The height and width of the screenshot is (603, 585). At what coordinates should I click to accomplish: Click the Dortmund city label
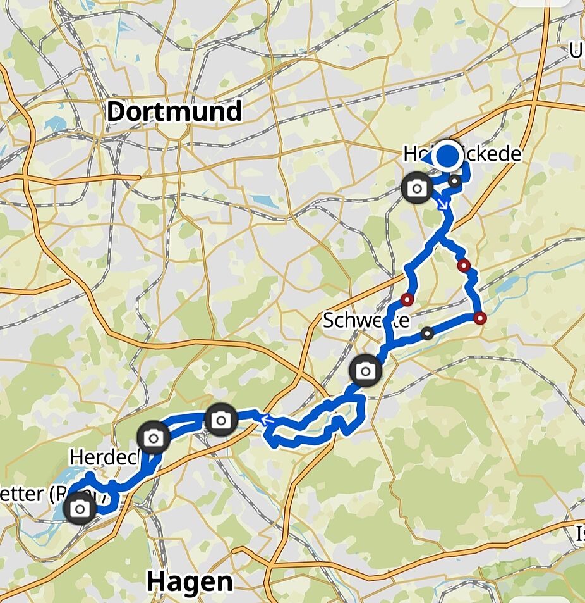(x=174, y=112)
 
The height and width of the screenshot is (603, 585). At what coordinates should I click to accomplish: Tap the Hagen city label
(x=190, y=581)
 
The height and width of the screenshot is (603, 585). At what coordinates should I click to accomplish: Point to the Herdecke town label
(x=104, y=456)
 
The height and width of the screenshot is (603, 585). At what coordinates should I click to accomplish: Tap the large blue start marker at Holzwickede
(x=448, y=156)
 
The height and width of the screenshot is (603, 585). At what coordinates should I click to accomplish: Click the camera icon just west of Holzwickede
(x=417, y=188)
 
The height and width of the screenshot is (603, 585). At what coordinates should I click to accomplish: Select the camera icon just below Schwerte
(x=365, y=371)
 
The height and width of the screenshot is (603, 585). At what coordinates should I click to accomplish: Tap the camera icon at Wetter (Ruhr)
(x=80, y=509)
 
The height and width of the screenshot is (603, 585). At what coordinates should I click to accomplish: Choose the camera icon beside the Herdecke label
(x=154, y=437)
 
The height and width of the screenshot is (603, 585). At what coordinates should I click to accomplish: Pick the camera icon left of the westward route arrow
(x=220, y=420)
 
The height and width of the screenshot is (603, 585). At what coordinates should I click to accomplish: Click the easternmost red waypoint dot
(x=480, y=318)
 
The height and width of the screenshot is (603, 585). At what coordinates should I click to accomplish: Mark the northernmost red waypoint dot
(x=464, y=265)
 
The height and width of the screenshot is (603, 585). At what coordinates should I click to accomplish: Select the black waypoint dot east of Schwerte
(x=428, y=333)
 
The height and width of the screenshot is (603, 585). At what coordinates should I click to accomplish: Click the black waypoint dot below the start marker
(x=454, y=182)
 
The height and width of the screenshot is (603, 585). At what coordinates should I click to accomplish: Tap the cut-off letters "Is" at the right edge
(x=579, y=535)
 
